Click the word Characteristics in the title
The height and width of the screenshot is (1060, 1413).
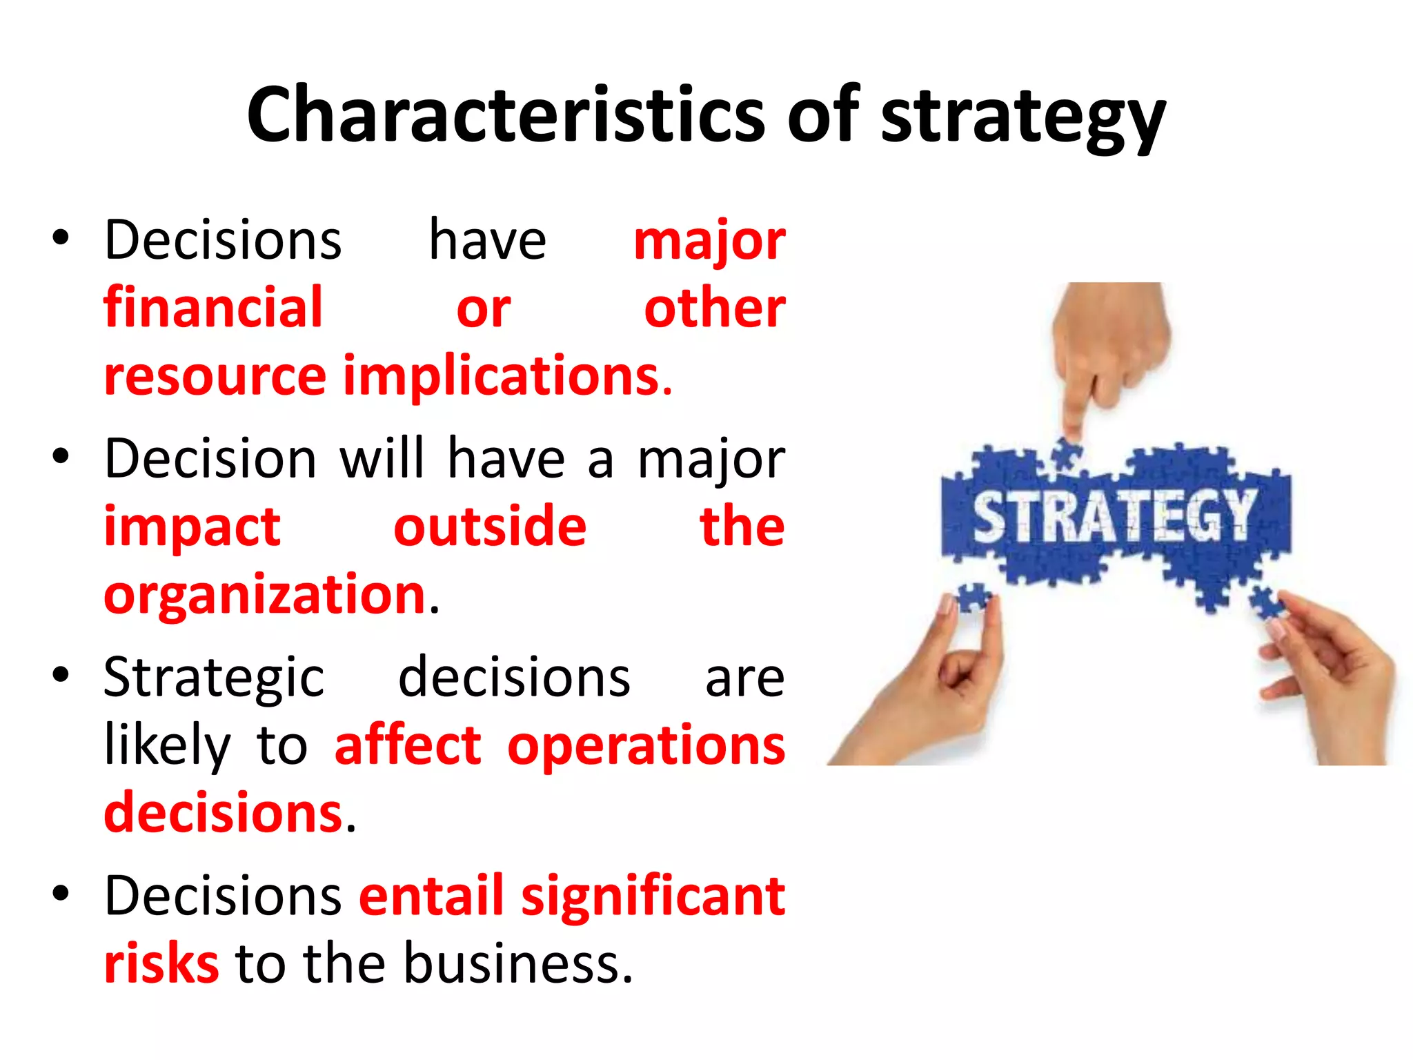(x=506, y=115)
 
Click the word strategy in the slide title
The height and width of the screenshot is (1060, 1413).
(x=1023, y=117)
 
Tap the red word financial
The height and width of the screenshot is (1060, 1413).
(x=213, y=307)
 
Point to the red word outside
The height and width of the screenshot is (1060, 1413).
(x=490, y=527)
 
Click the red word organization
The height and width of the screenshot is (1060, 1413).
(x=264, y=594)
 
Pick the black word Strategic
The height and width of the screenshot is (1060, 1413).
(x=214, y=678)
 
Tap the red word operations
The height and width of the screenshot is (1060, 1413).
(x=646, y=745)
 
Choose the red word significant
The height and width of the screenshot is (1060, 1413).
(x=653, y=896)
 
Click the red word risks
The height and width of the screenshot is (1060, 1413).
(x=161, y=963)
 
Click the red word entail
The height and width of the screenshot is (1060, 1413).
(x=432, y=896)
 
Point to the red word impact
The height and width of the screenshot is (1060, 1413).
(x=192, y=527)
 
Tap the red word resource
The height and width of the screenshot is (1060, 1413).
(x=215, y=377)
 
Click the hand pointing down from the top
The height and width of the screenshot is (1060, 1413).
(x=1109, y=345)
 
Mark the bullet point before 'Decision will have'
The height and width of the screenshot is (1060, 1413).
(x=61, y=456)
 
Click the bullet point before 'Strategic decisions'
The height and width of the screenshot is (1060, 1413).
(x=61, y=675)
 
